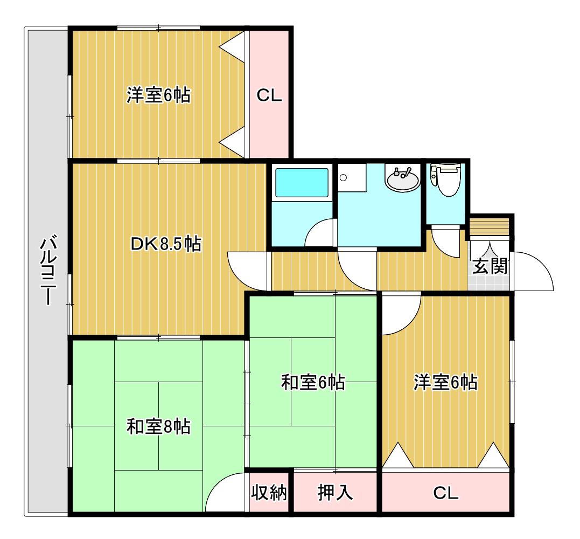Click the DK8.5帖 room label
point(166,244)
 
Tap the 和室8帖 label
point(159,426)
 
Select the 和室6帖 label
point(313,382)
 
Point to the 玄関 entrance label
point(490,266)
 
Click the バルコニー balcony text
point(48,271)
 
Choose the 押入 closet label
point(335,493)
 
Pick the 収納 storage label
point(269,493)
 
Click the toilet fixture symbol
point(445,179)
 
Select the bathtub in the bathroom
point(302,183)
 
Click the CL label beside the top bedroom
point(269,95)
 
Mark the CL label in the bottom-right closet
point(446,493)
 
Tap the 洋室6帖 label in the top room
point(159,95)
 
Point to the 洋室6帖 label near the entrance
point(445,382)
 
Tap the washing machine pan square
point(352,178)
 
